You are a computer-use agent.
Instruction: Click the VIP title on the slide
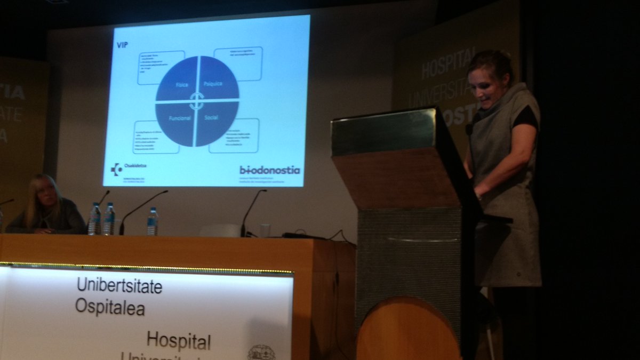click(122, 45)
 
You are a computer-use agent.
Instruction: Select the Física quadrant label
click(182, 85)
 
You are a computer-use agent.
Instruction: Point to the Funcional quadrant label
click(180, 118)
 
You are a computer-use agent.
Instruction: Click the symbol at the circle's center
click(197, 101)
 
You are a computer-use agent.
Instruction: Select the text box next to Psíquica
click(238, 63)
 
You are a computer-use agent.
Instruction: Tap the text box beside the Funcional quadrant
click(156, 137)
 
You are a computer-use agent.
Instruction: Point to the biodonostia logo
click(269, 170)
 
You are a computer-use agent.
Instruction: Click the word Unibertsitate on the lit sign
click(119, 286)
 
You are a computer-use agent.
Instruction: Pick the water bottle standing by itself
click(153, 221)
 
